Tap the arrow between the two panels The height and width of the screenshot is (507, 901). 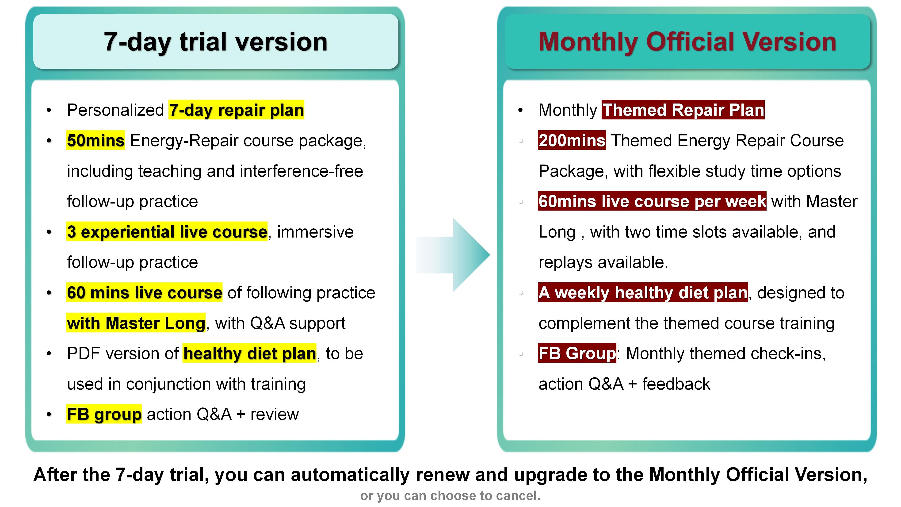453,255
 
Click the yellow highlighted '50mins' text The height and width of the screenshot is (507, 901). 95,140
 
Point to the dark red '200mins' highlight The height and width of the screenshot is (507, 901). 572,140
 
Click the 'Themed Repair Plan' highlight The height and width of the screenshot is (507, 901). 683,110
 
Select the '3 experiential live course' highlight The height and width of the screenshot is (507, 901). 167,232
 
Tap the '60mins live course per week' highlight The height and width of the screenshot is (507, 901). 652,201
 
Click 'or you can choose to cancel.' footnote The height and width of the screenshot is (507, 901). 450,496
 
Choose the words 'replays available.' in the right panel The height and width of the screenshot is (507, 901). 603,262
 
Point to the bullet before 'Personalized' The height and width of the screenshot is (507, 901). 49,110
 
